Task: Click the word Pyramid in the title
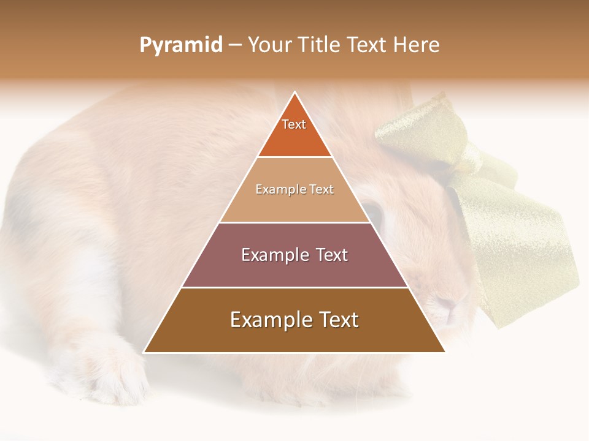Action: [181, 45]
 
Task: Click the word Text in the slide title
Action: [366, 45]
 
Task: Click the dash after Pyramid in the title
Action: [235, 45]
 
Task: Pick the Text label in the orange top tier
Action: [294, 124]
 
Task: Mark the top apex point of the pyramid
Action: [294, 92]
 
